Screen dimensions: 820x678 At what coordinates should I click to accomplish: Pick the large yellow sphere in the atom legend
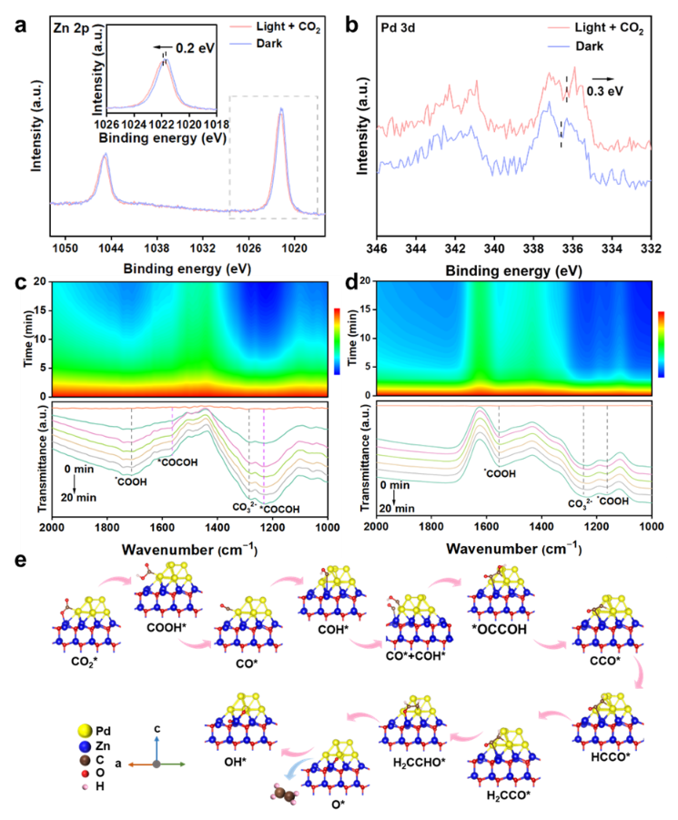[85, 730]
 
